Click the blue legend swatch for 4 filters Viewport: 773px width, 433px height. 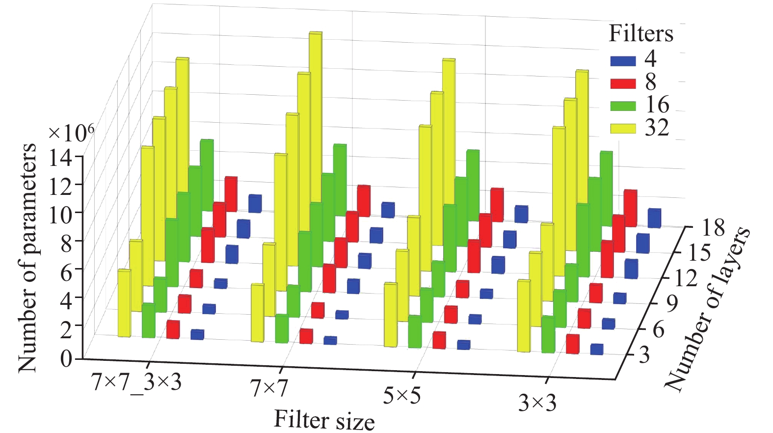pyautogui.click(x=623, y=61)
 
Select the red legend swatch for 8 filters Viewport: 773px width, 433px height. pyautogui.click(x=623, y=83)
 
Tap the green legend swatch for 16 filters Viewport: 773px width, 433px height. pyautogui.click(x=623, y=106)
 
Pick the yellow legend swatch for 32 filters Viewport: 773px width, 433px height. pyautogui.click(x=623, y=129)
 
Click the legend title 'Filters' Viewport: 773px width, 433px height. pyautogui.click(x=641, y=34)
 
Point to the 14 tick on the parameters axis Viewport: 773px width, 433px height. pyautogui.click(x=60, y=159)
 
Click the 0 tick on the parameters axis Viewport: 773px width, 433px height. pyautogui.click(x=66, y=359)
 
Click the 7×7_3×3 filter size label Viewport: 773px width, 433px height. pyautogui.click(x=136, y=382)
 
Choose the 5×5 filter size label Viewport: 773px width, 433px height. pyautogui.click(x=402, y=396)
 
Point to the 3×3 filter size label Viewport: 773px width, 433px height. pyautogui.click(x=537, y=404)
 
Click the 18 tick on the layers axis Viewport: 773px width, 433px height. pyautogui.click(x=713, y=228)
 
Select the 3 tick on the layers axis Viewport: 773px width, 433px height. pyautogui.click(x=644, y=354)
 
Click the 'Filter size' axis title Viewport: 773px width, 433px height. pyautogui.click(x=324, y=420)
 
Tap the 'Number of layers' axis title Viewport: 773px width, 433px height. pyautogui.click(x=707, y=309)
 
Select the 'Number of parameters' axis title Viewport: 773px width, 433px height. pyautogui.click(x=27, y=258)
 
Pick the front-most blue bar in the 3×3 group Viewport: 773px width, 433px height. pyautogui.click(x=597, y=349)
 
